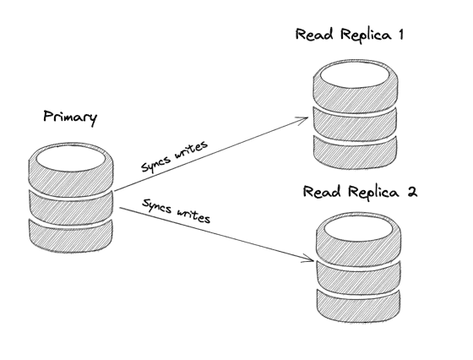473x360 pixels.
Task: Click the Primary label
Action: click(70, 117)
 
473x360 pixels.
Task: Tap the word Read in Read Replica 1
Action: click(314, 34)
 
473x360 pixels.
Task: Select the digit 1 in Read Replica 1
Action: click(400, 35)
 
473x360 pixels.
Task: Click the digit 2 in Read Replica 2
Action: click(412, 192)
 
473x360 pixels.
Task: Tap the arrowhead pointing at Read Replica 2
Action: click(308, 259)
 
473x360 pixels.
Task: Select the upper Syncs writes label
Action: click(175, 156)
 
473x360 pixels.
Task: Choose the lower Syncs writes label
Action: click(177, 210)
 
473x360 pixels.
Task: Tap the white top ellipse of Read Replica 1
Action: click(355, 75)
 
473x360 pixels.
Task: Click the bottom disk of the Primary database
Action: click(71, 237)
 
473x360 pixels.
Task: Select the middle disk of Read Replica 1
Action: click(355, 123)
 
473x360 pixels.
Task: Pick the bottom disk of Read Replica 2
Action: click(359, 306)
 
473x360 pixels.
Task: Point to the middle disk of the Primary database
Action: click(71, 208)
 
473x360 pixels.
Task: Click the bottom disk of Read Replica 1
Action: click(355, 152)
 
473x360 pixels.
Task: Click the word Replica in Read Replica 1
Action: click(366, 35)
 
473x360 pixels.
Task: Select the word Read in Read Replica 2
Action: click(322, 192)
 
